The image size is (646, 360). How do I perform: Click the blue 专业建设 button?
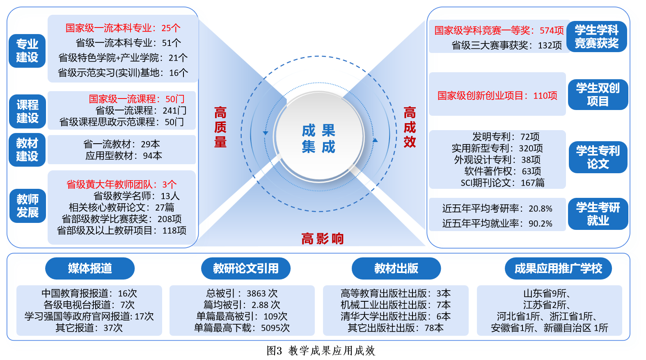[27, 51]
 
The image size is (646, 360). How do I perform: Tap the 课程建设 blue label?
[27, 111]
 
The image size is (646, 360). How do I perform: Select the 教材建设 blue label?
[27, 150]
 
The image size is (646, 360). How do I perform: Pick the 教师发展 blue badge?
[27, 206]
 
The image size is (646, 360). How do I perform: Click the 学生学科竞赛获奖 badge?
[597, 37]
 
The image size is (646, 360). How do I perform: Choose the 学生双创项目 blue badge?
[598, 94]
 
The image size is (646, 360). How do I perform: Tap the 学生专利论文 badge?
[598, 157]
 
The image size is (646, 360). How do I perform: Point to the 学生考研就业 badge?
[598, 214]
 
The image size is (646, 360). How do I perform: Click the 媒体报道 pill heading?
[90, 268]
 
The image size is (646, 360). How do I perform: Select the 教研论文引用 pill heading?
[246, 268]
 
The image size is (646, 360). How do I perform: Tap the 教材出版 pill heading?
[396, 268]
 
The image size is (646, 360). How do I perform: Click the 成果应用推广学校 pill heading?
[558, 268]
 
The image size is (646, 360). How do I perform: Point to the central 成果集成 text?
[318, 139]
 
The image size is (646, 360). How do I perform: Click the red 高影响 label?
[323, 239]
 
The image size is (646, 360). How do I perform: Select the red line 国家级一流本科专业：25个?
[123, 28]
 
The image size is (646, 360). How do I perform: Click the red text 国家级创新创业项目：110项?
[497, 96]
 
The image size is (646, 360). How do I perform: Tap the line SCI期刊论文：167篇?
[502, 183]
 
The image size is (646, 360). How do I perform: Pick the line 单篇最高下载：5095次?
[242, 328]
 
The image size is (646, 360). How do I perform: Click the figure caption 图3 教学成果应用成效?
[321, 351]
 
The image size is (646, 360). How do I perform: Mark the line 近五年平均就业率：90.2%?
[497, 223]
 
